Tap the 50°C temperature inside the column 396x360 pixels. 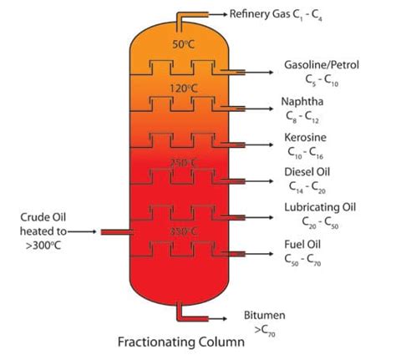(x=183, y=43)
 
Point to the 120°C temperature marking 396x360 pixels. (x=183, y=87)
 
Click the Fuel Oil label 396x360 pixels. (x=302, y=245)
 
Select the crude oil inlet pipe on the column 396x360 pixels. (x=115, y=232)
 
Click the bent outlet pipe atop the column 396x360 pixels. (x=191, y=16)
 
